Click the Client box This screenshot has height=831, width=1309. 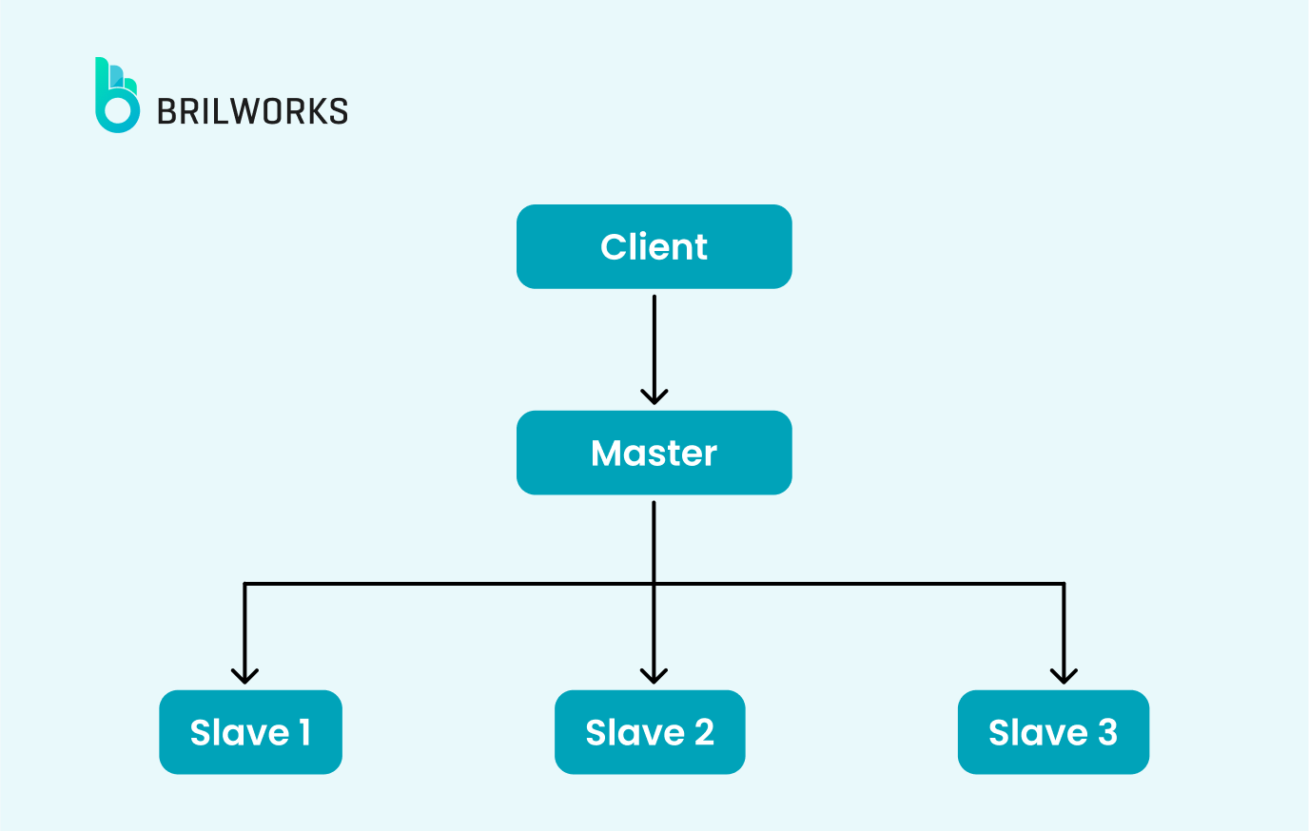coord(654,246)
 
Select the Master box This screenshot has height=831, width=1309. coord(654,453)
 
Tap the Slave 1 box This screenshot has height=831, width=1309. coord(250,732)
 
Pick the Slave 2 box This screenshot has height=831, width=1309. coord(650,732)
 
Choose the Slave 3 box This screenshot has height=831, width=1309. coord(1053,732)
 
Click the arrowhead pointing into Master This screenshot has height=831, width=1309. coord(654,396)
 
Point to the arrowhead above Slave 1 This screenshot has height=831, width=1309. coord(245,675)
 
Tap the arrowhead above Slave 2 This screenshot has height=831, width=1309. coord(654,675)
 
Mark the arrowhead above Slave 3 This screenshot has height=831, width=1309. coord(1064,675)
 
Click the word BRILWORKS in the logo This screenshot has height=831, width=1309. coord(252,111)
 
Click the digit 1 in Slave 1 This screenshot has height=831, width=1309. coord(304,732)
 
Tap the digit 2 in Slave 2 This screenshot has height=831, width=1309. coord(704,732)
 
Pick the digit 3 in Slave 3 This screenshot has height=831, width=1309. coord(1107,732)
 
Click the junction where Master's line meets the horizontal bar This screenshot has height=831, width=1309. coord(654,583)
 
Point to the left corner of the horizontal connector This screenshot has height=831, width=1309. coord(245,583)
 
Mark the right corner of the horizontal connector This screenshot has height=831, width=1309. coord(1064,583)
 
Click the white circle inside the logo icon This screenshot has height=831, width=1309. coord(118,110)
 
